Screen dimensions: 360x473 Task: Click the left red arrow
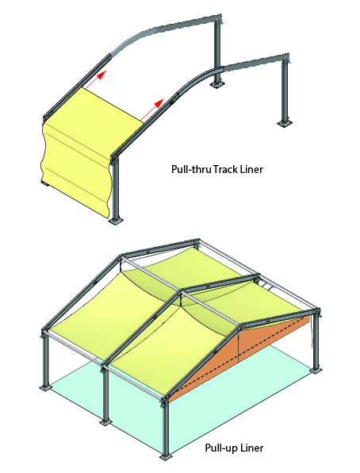coord(95,79)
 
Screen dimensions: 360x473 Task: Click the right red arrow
coord(151,110)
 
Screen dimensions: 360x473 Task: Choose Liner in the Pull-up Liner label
coord(251,448)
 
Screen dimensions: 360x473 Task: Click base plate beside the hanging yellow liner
coord(116,221)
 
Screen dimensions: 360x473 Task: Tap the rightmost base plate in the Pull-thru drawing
coord(285,123)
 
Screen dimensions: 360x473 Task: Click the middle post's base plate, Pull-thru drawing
coord(216,84)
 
